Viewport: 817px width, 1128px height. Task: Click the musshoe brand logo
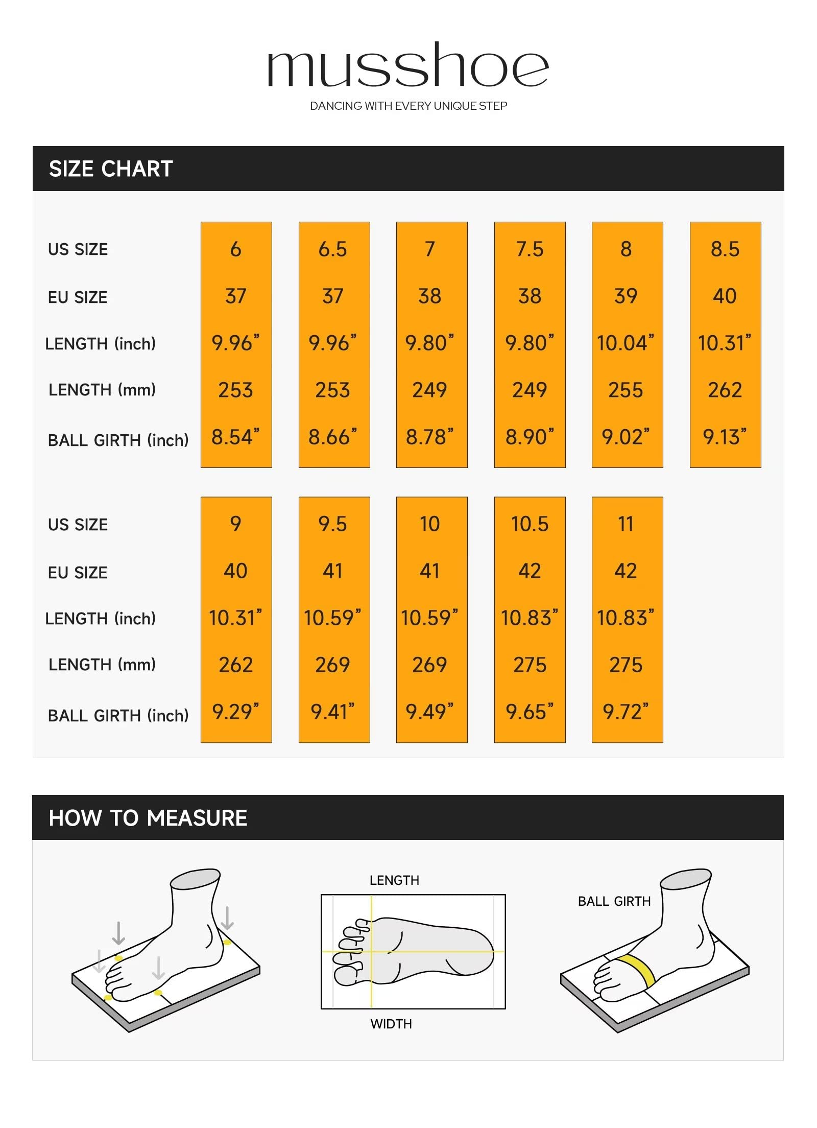point(408,66)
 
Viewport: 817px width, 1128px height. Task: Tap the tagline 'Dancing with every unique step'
point(408,106)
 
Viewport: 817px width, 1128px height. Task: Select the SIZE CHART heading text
point(111,169)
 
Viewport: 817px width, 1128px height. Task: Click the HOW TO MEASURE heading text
point(148,818)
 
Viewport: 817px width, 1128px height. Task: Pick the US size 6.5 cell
point(333,249)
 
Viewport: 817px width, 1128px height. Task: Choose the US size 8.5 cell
point(725,249)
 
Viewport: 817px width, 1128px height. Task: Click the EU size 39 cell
point(626,296)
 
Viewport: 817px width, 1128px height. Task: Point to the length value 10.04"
point(626,343)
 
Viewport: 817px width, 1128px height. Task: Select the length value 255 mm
point(626,390)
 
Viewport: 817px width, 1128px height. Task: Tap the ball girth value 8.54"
point(235,437)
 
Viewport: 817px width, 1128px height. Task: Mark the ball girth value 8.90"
point(530,437)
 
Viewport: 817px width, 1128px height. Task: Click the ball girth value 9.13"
point(725,437)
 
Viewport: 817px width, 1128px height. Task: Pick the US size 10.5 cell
point(530,524)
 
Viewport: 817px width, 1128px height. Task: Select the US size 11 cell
point(626,524)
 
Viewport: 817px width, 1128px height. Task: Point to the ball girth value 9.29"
point(235,712)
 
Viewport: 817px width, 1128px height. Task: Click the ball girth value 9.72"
point(626,712)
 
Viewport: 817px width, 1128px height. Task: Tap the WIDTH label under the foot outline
point(391,1024)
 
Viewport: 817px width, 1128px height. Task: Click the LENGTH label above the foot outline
point(394,880)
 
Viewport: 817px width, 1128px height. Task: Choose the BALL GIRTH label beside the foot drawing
point(614,902)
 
